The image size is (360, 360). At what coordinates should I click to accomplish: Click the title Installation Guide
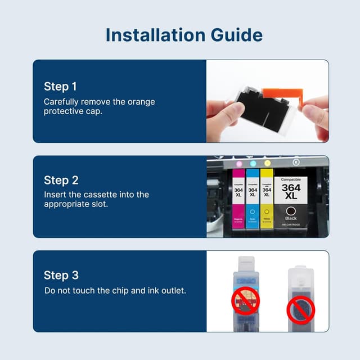[x=184, y=35]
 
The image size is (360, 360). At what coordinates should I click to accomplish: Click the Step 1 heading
[x=60, y=87]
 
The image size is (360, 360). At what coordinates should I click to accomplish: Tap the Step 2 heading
[x=61, y=181]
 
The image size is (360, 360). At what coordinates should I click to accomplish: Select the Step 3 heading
[x=61, y=275]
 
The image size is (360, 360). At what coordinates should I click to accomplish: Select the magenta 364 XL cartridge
[x=238, y=200]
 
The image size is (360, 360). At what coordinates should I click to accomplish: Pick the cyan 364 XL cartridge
[x=253, y=200]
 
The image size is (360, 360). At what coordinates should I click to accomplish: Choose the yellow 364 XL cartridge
[x=267, y=200]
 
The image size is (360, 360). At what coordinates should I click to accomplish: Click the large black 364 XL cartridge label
[x=291, y=191]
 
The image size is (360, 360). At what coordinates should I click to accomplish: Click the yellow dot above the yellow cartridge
[x=267, y=164]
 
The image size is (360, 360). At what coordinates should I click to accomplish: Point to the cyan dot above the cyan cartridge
[x=253, y=164]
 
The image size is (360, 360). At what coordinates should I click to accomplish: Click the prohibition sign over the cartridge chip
[x=245, y=301]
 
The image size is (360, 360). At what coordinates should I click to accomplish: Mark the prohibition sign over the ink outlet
[x=301, y=309]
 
